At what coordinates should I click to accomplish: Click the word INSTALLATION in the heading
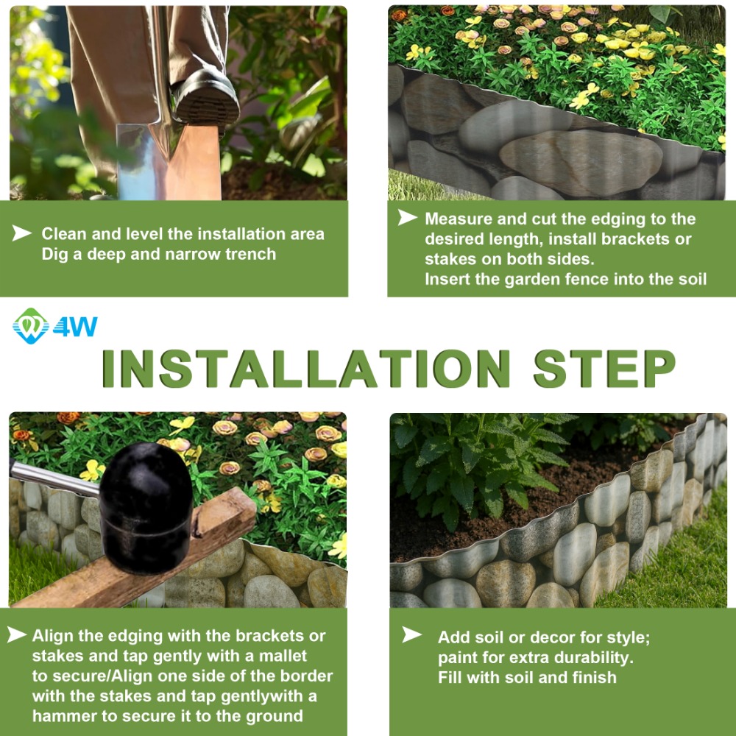point(305,369)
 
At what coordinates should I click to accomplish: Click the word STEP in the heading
point(604,369)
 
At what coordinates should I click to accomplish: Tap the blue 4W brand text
point(75,327)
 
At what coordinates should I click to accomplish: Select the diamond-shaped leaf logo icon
point(31,326)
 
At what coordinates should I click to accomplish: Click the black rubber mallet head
point(146,508)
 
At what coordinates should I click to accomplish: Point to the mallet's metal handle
point(54,478)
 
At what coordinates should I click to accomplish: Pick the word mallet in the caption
point(283,656)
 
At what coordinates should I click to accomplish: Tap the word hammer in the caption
point(60,716)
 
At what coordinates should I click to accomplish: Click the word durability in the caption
point(595,657)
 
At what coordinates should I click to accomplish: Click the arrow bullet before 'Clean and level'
point(21,233)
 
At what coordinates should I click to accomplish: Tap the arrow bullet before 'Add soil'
point(411,634)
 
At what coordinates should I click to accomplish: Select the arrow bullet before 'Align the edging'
point(17,634)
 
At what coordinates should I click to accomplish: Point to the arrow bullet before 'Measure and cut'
point(408,217)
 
